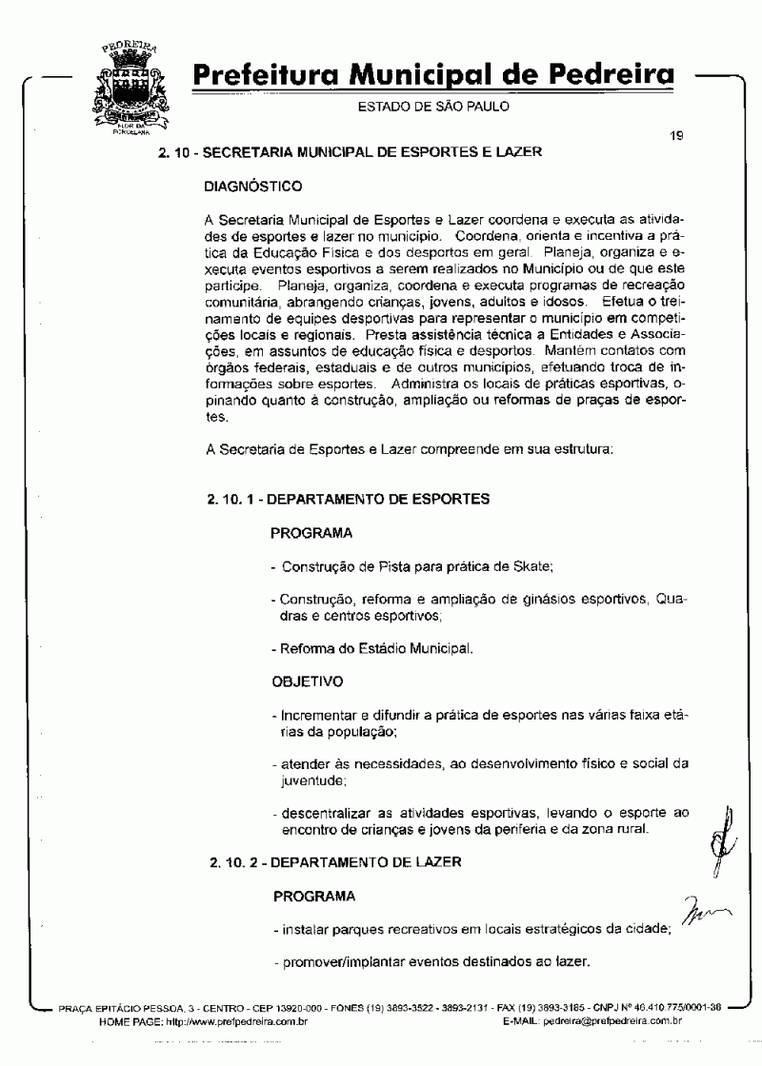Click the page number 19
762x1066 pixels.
point(676,136)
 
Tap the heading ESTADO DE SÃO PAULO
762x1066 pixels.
point(433,106)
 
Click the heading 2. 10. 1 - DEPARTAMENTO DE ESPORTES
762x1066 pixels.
point(349,498)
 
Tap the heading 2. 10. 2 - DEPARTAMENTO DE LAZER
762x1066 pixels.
point(335,862)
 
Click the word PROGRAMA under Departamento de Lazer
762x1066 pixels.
point(314,896)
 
